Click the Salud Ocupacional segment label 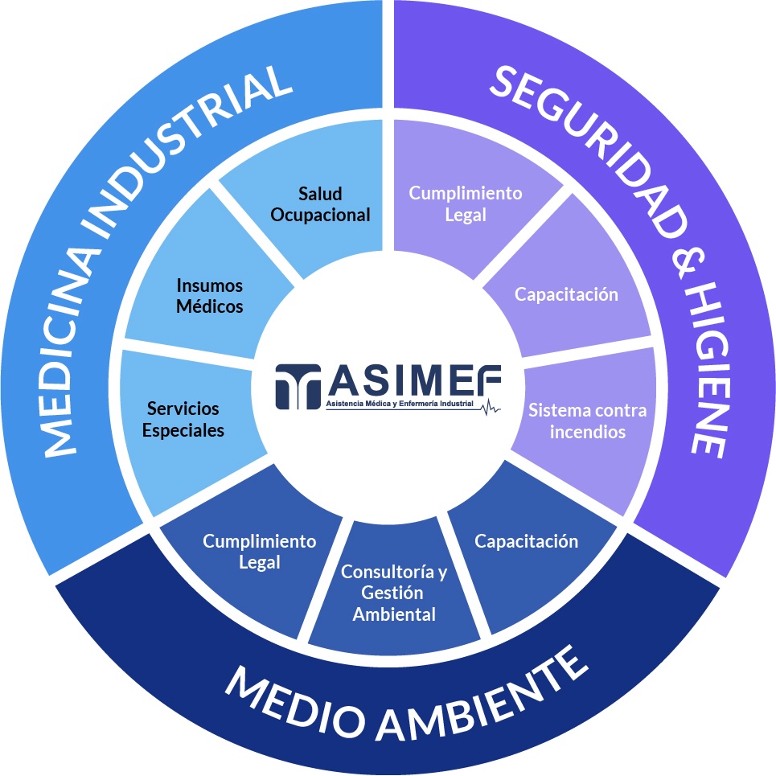point(320,204)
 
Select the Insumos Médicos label point(209,296)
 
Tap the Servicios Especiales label point(183,420)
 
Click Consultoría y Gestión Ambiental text point(394,593)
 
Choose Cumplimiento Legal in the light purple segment point(466,204)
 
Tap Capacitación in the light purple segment point(567,294)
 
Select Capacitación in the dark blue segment point(526,541)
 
